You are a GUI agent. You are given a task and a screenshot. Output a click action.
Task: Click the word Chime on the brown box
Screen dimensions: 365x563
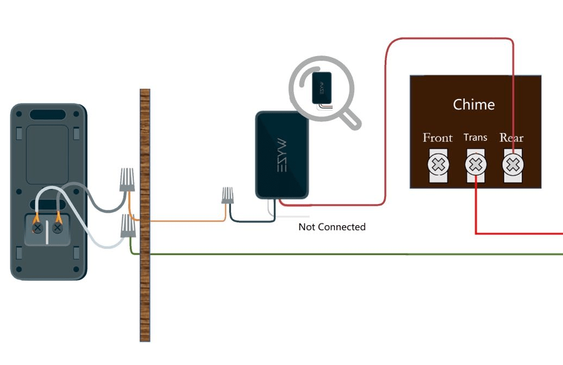(474, 104)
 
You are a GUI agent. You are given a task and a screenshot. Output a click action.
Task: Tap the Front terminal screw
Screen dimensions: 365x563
(438, 164)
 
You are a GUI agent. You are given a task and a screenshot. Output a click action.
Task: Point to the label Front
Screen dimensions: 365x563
(437, 138)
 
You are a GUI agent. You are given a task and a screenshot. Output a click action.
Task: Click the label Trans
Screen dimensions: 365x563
(475, 138)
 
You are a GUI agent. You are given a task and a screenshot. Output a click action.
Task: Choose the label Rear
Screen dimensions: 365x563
(511, 138)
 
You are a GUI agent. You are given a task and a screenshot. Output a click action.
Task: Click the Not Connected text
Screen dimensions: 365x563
(331, 227)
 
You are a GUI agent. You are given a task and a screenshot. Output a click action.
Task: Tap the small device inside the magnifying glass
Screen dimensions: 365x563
(322, 88)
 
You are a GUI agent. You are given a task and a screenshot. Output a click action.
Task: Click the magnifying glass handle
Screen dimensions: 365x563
(351, 119)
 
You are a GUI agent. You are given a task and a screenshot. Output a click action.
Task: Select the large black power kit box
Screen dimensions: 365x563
(282, 155)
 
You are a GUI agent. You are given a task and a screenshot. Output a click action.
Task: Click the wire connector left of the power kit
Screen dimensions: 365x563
(228, 195)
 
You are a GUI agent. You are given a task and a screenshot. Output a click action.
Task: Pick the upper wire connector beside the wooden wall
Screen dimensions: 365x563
(127, 179)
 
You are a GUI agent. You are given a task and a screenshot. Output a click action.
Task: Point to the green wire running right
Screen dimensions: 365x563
(353, 254)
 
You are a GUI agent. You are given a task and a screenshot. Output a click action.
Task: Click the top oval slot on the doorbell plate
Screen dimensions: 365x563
(48, 115)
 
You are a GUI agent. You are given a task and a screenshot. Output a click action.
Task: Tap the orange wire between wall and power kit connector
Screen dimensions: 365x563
(185, 221)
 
